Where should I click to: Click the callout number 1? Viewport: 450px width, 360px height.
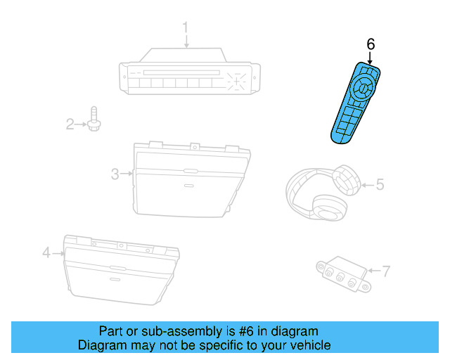coord(186,28)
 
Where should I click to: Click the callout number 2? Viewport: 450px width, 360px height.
coord(70,124)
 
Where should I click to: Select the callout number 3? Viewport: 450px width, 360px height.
coord(115,174)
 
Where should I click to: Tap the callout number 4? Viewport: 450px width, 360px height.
coord(46,252)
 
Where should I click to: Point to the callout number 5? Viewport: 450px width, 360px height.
coord(380,185)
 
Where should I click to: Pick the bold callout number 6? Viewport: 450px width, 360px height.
coord(371,44)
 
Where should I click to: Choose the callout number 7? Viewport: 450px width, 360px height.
coord(385,269)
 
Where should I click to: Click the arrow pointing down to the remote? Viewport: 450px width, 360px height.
coord(371,58)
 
